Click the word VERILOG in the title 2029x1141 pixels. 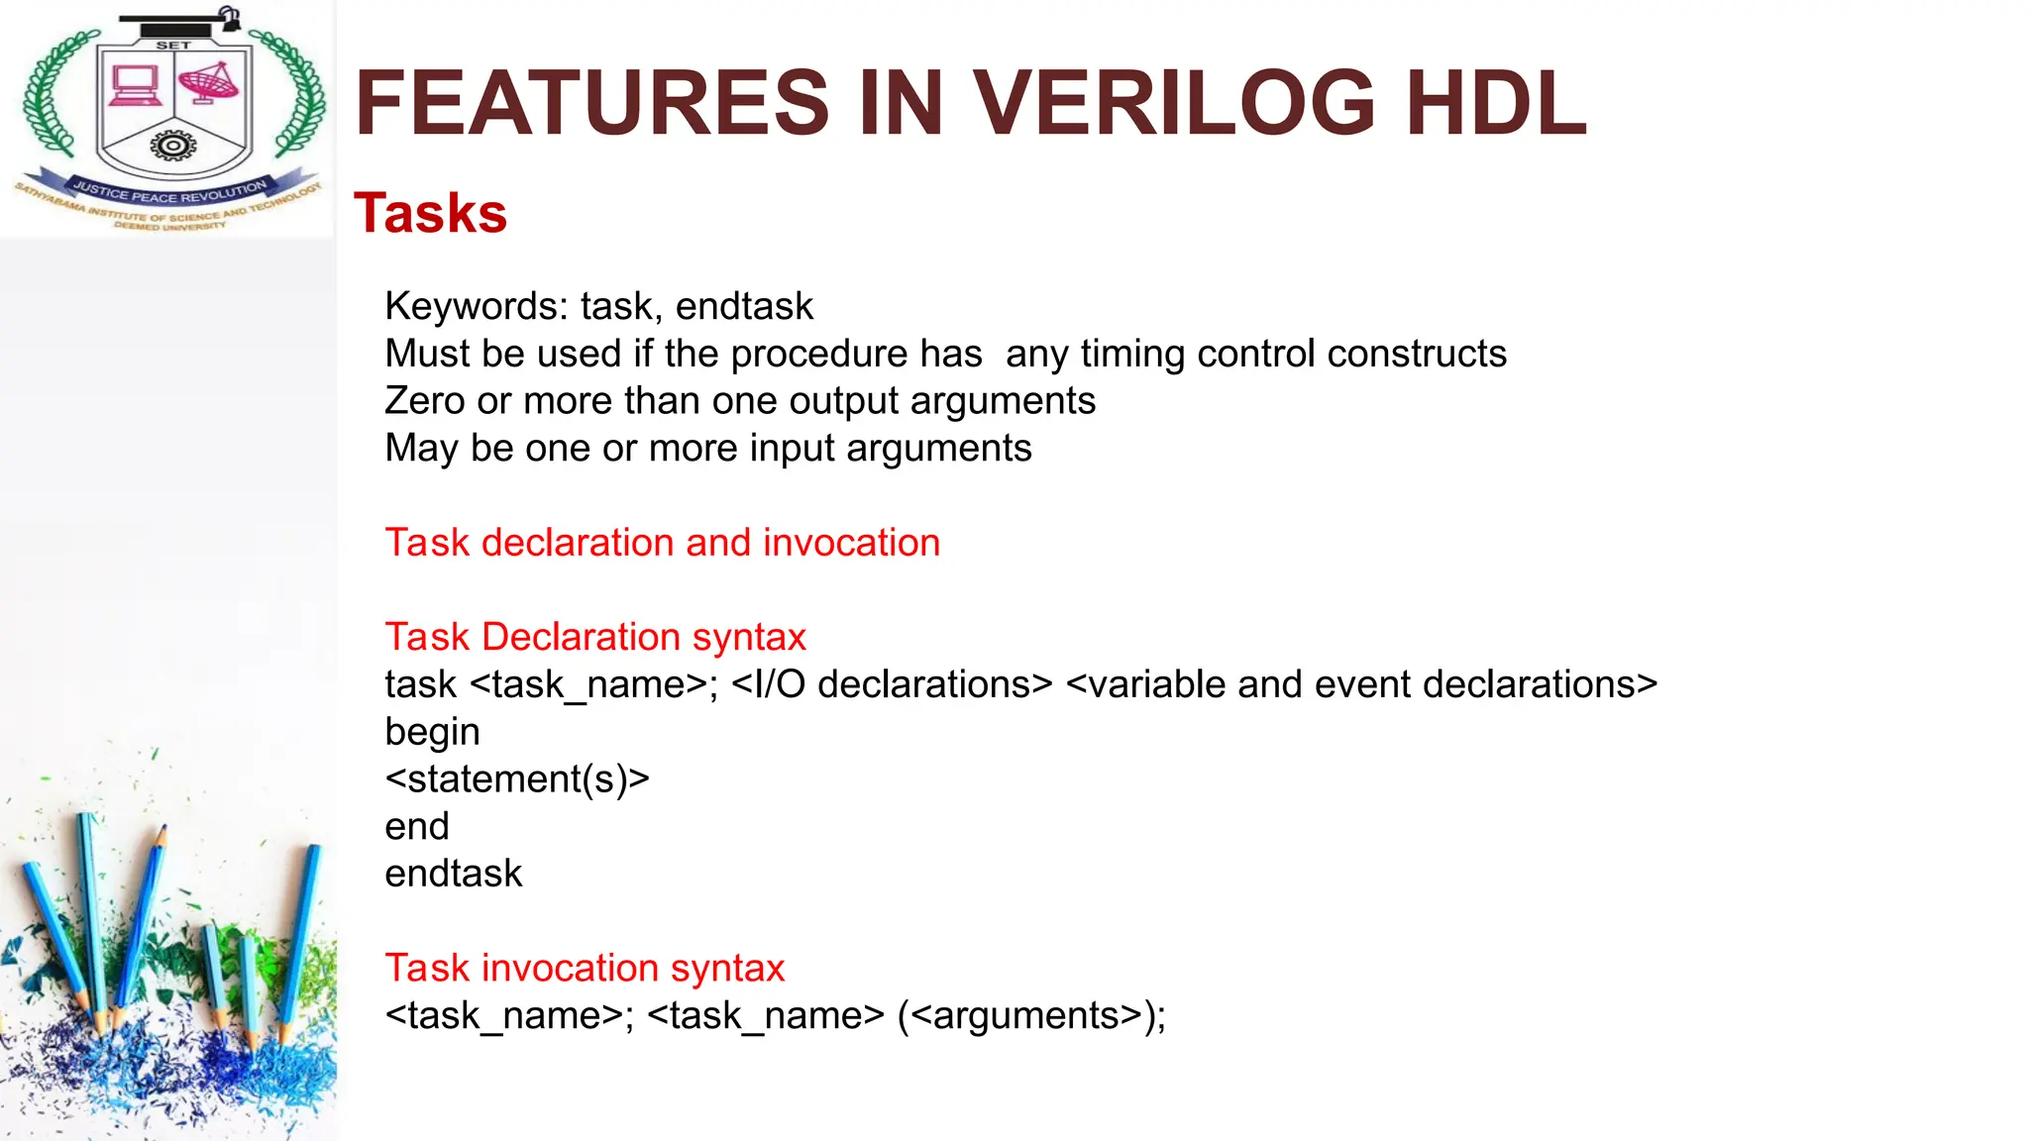[x=1174, y=103]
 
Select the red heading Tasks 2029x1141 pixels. [x=430, y=213]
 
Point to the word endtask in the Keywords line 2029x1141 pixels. [x=744, y=307]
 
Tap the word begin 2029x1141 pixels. [x=432, y=733]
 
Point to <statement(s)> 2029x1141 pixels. [x=517, y=779]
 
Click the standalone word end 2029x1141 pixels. [x=417, y=826]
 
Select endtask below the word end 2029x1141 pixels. [x=454, y=874]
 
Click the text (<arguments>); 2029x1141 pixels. [x=1031, y=1015]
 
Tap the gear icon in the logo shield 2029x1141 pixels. [x=173, y=147]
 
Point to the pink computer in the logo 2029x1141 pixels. [x=135, y=85]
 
